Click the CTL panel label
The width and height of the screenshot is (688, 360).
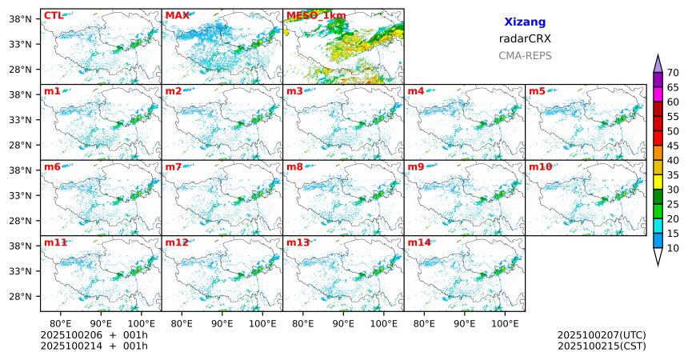(53, 15)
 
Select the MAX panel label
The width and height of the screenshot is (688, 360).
(177, 15)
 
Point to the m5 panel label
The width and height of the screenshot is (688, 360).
(537, 91)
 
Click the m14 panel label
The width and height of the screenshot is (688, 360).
(419, 242)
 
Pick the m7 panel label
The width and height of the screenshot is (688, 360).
(174, 166)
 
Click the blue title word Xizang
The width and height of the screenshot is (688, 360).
(525, 22)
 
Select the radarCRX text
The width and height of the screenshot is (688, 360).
(525, 38)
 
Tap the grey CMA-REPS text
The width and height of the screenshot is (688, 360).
(525, 56)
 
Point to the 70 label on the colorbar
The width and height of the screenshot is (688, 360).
(673, 72)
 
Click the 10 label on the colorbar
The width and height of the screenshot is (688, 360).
(673, 249)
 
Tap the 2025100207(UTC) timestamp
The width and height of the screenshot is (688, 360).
(602, 335)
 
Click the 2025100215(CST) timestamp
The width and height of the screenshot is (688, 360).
(602, 346)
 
